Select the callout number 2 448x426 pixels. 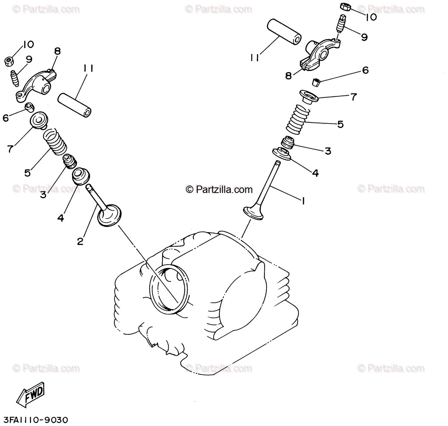pos(80,241)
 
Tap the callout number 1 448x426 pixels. pos(303,201)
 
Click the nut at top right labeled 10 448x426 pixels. pos(345,7)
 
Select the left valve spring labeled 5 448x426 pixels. pos(54,141)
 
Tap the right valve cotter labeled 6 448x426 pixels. pos(317,82)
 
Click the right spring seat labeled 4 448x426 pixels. pos(283,153)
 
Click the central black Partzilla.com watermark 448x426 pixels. pos(219,190)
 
